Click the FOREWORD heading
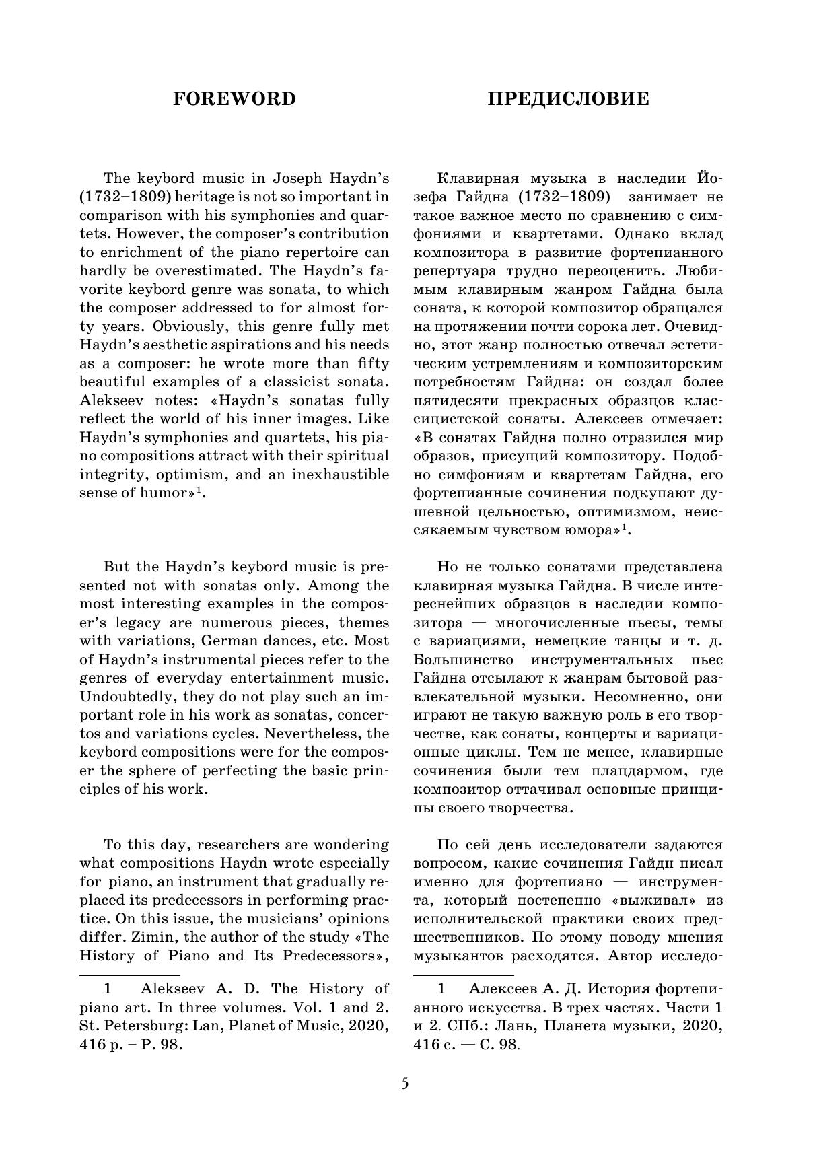click(234, 99)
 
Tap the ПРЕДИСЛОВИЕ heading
click(568, 99)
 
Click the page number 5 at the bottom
click(404, 1084)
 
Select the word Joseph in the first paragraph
click(298, 178)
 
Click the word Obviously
click(184, 326)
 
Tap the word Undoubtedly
click(124, 696)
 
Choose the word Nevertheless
click(310, 733)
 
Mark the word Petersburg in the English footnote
click(143, 1026)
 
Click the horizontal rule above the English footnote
click(130, 974)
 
